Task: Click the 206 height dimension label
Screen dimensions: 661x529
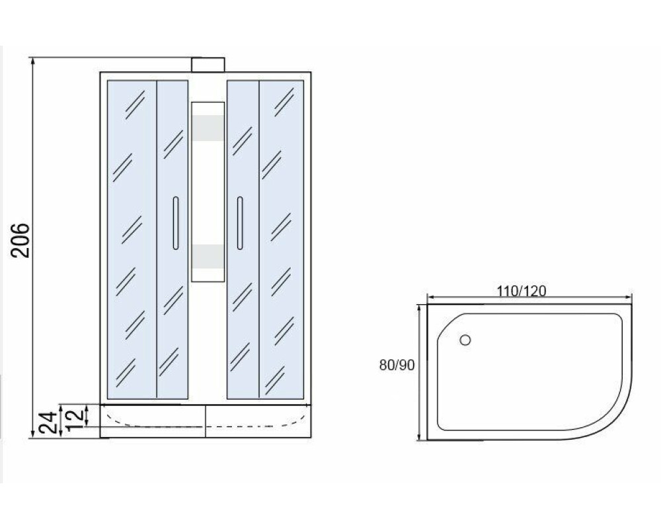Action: (20, 241)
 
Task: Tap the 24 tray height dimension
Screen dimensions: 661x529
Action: (48, 423)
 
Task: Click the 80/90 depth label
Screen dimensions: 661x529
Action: (397, 365)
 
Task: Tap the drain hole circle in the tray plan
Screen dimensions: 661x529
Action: (465, 340)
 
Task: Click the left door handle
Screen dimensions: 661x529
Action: (175, 223)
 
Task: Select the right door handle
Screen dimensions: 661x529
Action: (240, 223)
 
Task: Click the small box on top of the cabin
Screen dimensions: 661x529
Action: (208, 65)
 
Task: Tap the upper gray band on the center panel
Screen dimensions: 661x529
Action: (208, 128)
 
